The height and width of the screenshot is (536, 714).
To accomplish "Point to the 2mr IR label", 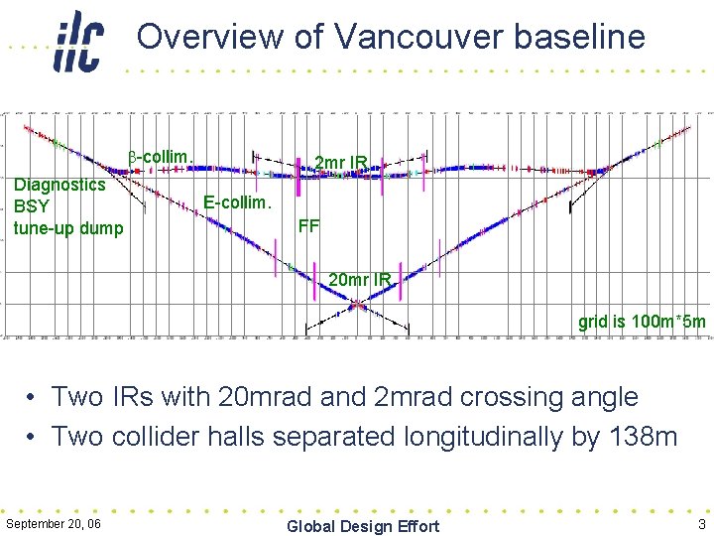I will coord(341,163).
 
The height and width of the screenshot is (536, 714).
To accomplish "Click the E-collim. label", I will coord(236,202).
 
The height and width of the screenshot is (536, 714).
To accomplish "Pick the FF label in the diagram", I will coord(308,225).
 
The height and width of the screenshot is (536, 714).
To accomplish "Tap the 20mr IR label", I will coord(359,280).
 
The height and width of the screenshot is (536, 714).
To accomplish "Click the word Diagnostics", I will coord(59,185).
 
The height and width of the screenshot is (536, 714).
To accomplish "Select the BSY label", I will coord(31,206).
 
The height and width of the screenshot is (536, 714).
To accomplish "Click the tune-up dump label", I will coord(68,228).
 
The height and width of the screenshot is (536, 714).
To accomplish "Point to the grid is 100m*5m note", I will coord(642,321).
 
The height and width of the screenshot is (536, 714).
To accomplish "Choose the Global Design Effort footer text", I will coord(362,526).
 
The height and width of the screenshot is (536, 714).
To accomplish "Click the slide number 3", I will coord(701,524).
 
